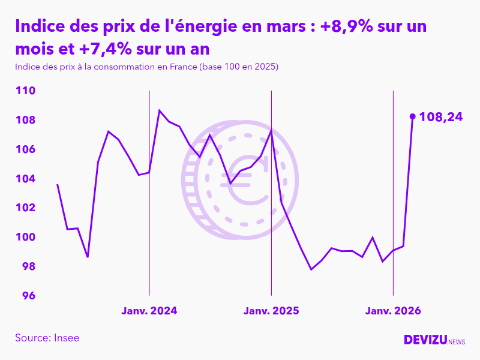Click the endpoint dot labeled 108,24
pos(412,116)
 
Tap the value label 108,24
pos(441,117)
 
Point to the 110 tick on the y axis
pos(26,91)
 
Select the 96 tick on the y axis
pos(28,296)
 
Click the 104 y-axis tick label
pos(26,179)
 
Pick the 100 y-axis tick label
pos(26,237)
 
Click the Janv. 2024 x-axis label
pos(149,311)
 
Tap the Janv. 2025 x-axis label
pos(271,311)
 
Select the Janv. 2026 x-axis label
pos(393,311)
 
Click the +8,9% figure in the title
pos(339,27)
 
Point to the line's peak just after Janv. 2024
pos(159,110)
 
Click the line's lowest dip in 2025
pos(311,269)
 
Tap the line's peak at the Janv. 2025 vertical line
pos(271,130)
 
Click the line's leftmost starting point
pos(57,184)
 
